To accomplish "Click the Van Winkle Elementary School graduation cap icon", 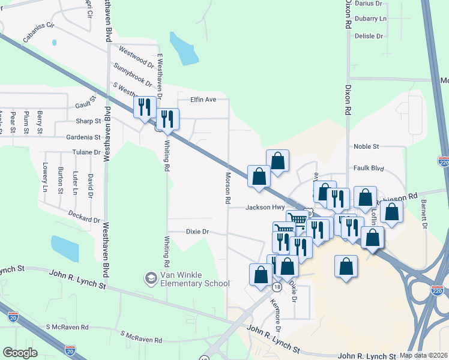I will pyautogui.click(x=149, y=278).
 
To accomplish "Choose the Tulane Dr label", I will pyautogui.click(x=86, y=152).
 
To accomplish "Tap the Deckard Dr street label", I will pyautogui.click(x=84, y=216).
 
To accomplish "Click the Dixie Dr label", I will pyautogui.click(x=197, y=231).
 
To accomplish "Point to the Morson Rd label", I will pyautogui.click(x=228, y=188).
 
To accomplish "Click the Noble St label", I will pyautogui.click(x=366, y=146).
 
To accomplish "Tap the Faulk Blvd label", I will pyautogui.click(x=368, y=169).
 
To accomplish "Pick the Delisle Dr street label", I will pyautogui.click(x=369, y=37).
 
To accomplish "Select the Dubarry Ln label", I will pyautogui.click(x=370, y=19).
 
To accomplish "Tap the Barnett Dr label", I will pyautogui.click(x=424, y=209).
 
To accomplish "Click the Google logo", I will pyautogui.click(x=20, y=353).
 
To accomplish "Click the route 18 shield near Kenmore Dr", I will pyautogui.click(x=276, y=287).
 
